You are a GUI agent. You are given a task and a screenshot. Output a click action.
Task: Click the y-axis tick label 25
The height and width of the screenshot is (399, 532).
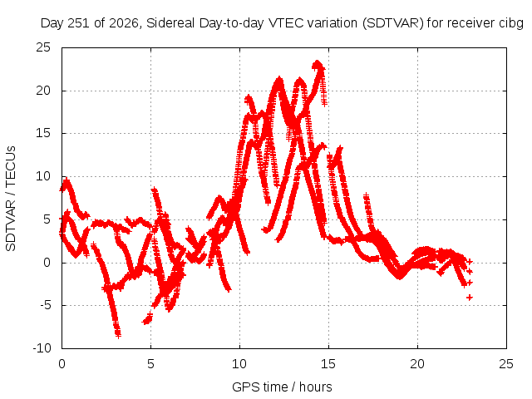coord(43,47)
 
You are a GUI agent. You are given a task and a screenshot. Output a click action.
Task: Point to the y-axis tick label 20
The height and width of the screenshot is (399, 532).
coord(43,91)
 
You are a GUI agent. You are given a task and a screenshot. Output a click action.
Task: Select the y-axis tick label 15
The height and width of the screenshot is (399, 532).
coord(43,133)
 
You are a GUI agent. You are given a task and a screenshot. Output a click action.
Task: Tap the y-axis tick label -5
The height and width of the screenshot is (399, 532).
coord(45,305)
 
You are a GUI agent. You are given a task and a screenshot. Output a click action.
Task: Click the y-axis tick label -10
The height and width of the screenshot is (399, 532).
coord(42,347)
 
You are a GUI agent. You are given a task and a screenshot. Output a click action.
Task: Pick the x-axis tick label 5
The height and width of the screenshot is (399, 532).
coord(150,364)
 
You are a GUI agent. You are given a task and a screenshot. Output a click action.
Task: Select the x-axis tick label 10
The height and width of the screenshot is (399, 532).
coord(239,364)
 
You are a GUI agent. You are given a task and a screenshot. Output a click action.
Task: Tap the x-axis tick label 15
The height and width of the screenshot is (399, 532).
coord(328,364)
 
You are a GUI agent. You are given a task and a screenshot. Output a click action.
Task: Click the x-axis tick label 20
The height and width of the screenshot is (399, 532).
coord(417,364)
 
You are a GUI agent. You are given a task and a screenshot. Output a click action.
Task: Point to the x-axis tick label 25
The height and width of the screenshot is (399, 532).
coord(506,364)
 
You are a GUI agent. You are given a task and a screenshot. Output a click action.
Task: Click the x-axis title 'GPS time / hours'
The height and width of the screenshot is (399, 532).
coord(282,387)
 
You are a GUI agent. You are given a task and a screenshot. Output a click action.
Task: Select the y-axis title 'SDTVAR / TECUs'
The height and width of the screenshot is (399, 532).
coord(11,199)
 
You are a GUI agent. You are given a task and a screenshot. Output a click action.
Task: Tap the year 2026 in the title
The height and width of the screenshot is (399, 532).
coord(124,23)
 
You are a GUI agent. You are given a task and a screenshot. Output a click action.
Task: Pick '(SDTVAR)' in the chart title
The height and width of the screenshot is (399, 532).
coord(393,23)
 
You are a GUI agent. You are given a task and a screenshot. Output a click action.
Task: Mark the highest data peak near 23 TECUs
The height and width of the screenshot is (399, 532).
coord(318,63)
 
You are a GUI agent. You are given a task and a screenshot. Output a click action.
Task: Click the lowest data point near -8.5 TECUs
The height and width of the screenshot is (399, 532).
coord(118,336)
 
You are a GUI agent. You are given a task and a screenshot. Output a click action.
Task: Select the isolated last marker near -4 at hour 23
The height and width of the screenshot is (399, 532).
coord(470,298)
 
